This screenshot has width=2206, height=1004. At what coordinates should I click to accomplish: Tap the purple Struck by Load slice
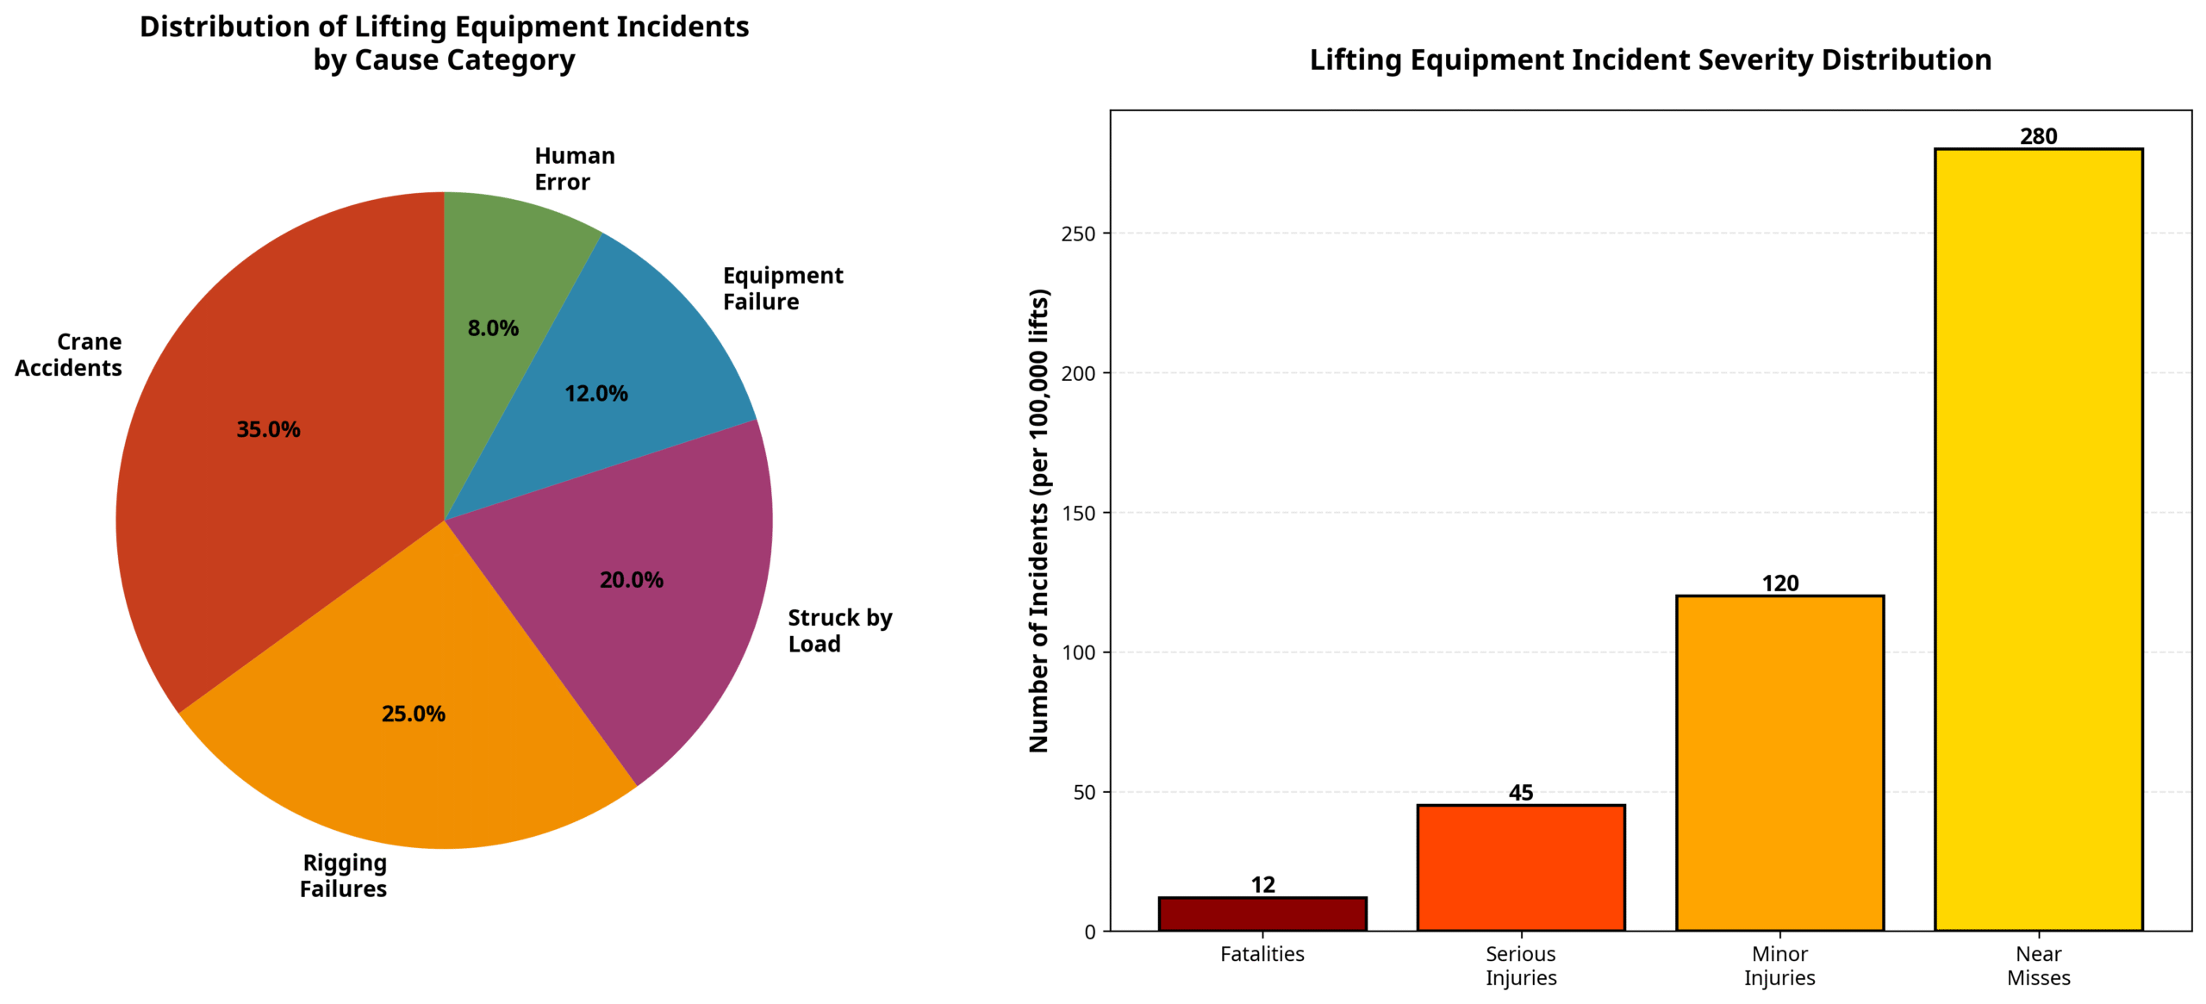[655, 620]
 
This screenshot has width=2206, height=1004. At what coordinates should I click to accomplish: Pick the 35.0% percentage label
[268, 429]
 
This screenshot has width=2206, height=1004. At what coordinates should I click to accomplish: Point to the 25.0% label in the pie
[413, 714]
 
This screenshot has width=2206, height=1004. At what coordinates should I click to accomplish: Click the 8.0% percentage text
[493, 328]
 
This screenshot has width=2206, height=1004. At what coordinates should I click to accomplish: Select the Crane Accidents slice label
[69, 355]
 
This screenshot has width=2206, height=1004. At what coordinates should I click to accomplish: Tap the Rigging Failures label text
[343, 876]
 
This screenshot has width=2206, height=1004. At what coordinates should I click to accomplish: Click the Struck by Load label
[839, 631]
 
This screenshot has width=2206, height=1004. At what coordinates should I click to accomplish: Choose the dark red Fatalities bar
[1262, 914]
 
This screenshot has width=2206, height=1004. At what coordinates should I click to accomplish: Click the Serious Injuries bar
[1520, 868]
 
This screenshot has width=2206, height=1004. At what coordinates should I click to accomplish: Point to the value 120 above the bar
[1779, 583]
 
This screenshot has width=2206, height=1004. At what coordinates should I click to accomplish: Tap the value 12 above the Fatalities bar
[1262, 885]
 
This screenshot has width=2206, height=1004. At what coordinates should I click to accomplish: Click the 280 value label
[2038, 136]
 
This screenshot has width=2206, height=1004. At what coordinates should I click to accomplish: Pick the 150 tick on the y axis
[1078, 514]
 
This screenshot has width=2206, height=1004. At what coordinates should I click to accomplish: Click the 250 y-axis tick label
[1078, 234]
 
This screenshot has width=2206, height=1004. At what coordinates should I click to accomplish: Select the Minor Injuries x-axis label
[1779, 966]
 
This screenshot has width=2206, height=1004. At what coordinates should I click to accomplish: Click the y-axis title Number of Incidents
[1039, 521]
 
